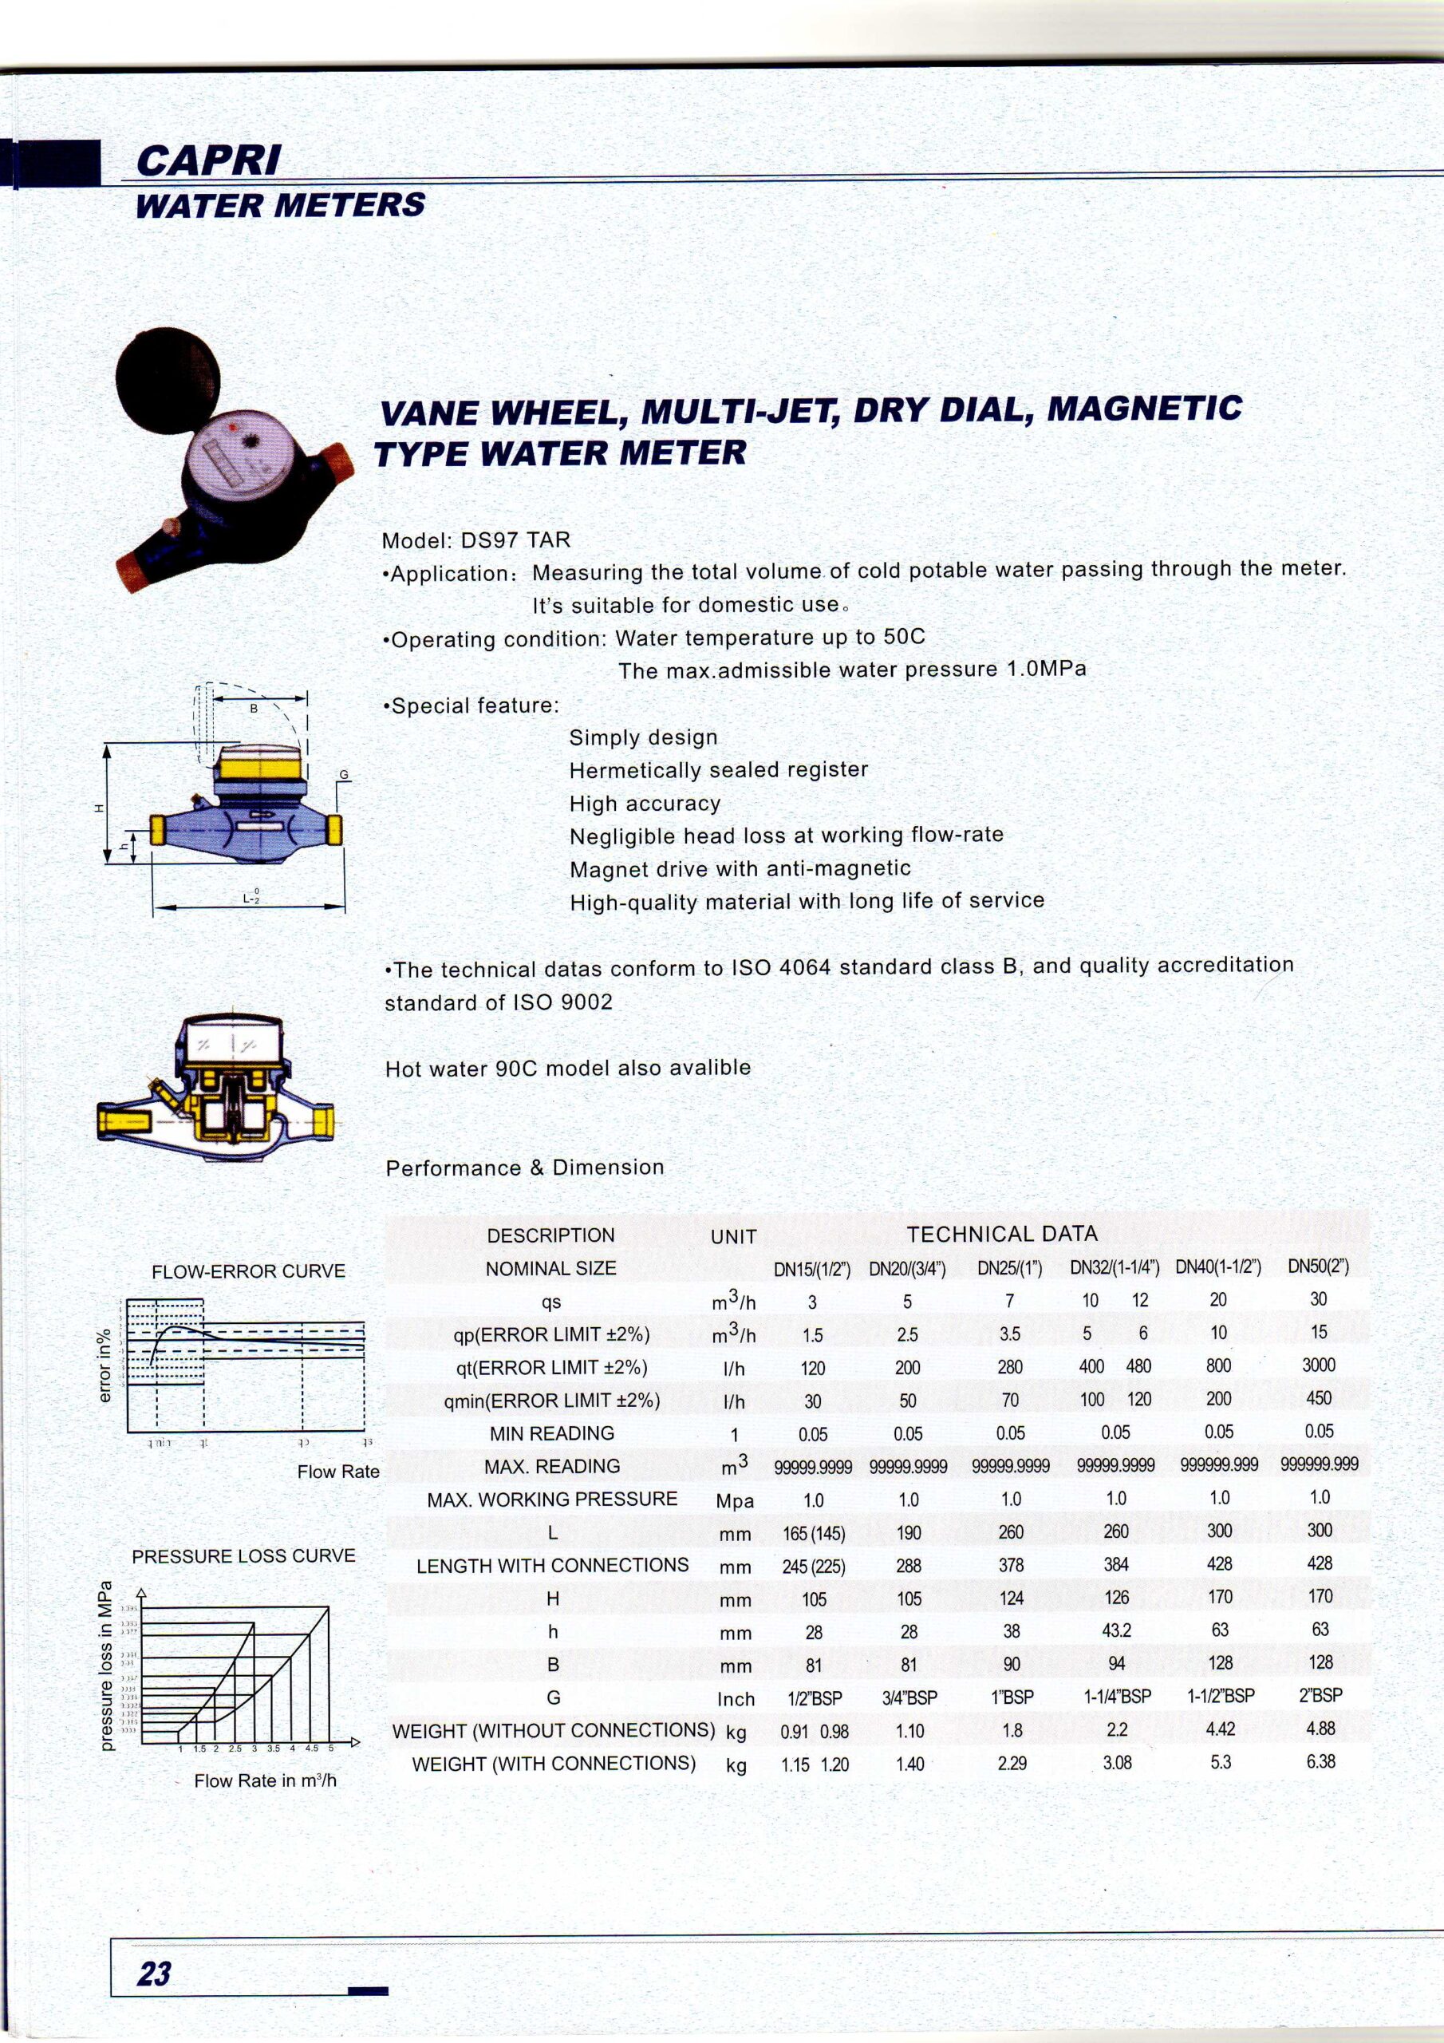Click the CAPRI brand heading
(208, 160)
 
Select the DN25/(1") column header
(1010, 1267)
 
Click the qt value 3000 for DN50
(1318, 1365)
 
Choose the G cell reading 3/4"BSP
(909, 1697)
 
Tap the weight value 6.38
(1320, 1761)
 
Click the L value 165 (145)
(813, 1533)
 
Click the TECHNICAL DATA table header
(1002, 1234)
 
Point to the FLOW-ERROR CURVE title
(248, 1271)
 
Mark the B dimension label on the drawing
(254, 709)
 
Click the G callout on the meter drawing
(342, 775)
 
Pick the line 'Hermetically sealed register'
(718, 769)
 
